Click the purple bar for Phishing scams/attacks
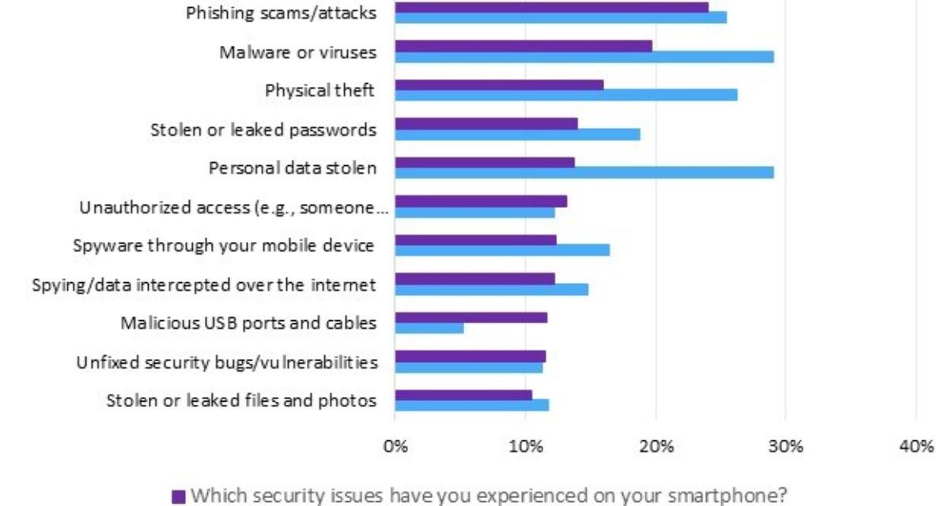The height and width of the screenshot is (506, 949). tap(551, 7)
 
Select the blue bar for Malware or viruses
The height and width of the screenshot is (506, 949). tap(584, 57)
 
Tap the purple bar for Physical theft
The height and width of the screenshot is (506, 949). tap(499, 85)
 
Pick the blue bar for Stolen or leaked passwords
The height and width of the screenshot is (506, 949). tap(517, 134)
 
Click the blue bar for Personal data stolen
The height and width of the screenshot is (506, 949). tap(584, 172)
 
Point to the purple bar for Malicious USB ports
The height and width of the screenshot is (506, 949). tap(471, 318)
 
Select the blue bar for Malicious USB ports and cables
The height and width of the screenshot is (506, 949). tap(429, 328)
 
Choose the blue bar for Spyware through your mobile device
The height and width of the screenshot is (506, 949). tap(501, 251)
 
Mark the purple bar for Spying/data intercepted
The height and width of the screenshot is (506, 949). tap(475, 278)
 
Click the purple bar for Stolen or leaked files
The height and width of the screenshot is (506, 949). tap(463, 395)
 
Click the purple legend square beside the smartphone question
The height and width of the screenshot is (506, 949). tap(178, 497)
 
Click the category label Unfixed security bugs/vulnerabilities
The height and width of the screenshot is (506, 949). tap(226, 363)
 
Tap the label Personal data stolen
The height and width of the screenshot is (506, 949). tap(292, 168)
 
